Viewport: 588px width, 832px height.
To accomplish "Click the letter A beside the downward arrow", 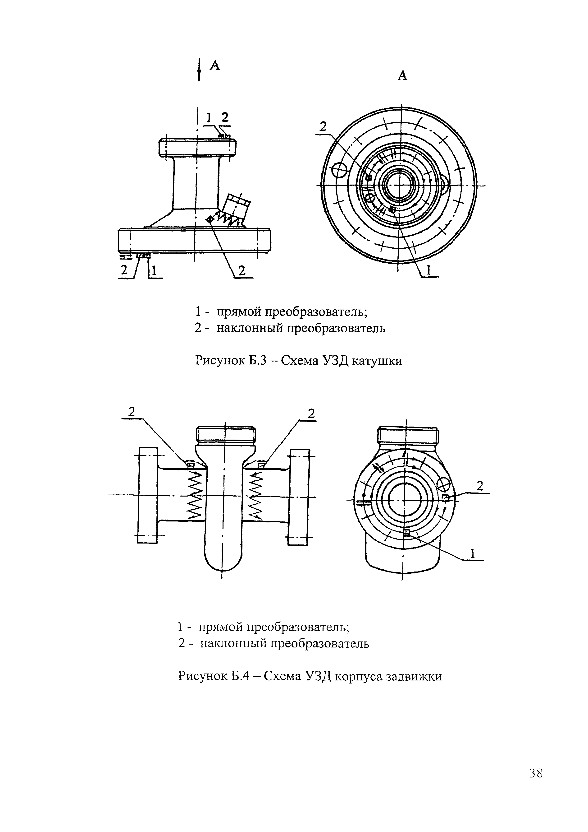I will pyautogui.click(x=215, y=65).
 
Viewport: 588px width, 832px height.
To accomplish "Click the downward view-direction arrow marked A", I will pyautogui.click(x=199, y=71).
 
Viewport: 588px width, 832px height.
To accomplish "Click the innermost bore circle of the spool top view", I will pyautogui.click(x=397, y=186).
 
